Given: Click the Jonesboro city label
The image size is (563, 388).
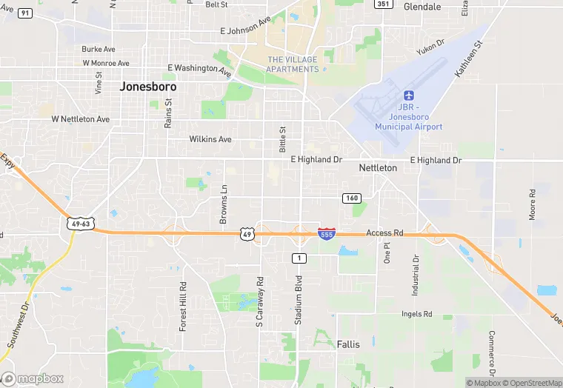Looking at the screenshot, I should (x=148, y=87).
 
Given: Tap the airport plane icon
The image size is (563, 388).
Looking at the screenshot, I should (x=408, y=96).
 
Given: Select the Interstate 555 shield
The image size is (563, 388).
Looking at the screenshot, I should (x=325, y=233).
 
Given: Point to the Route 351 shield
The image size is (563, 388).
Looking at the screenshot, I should (x=383, y=4).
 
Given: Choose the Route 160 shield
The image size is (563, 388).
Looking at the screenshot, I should (x=351, y=198).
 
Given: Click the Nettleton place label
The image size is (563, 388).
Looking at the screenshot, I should (x=378, y=168).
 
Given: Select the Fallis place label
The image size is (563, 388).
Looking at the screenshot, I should (x=348, y=344).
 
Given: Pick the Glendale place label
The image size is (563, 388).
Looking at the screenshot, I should (x=422, y=7).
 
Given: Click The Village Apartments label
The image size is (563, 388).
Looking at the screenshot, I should (x=293, y=64).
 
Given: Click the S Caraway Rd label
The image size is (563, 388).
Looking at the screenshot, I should (x=259, y=302).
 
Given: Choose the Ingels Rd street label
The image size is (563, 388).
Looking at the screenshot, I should (x=416, y=314).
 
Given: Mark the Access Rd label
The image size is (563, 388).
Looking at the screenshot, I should (x=384, y=233).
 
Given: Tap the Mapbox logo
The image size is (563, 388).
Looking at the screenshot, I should (x=33, y=378).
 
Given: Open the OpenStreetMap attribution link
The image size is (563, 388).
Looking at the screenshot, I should (x=531, y=383).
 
